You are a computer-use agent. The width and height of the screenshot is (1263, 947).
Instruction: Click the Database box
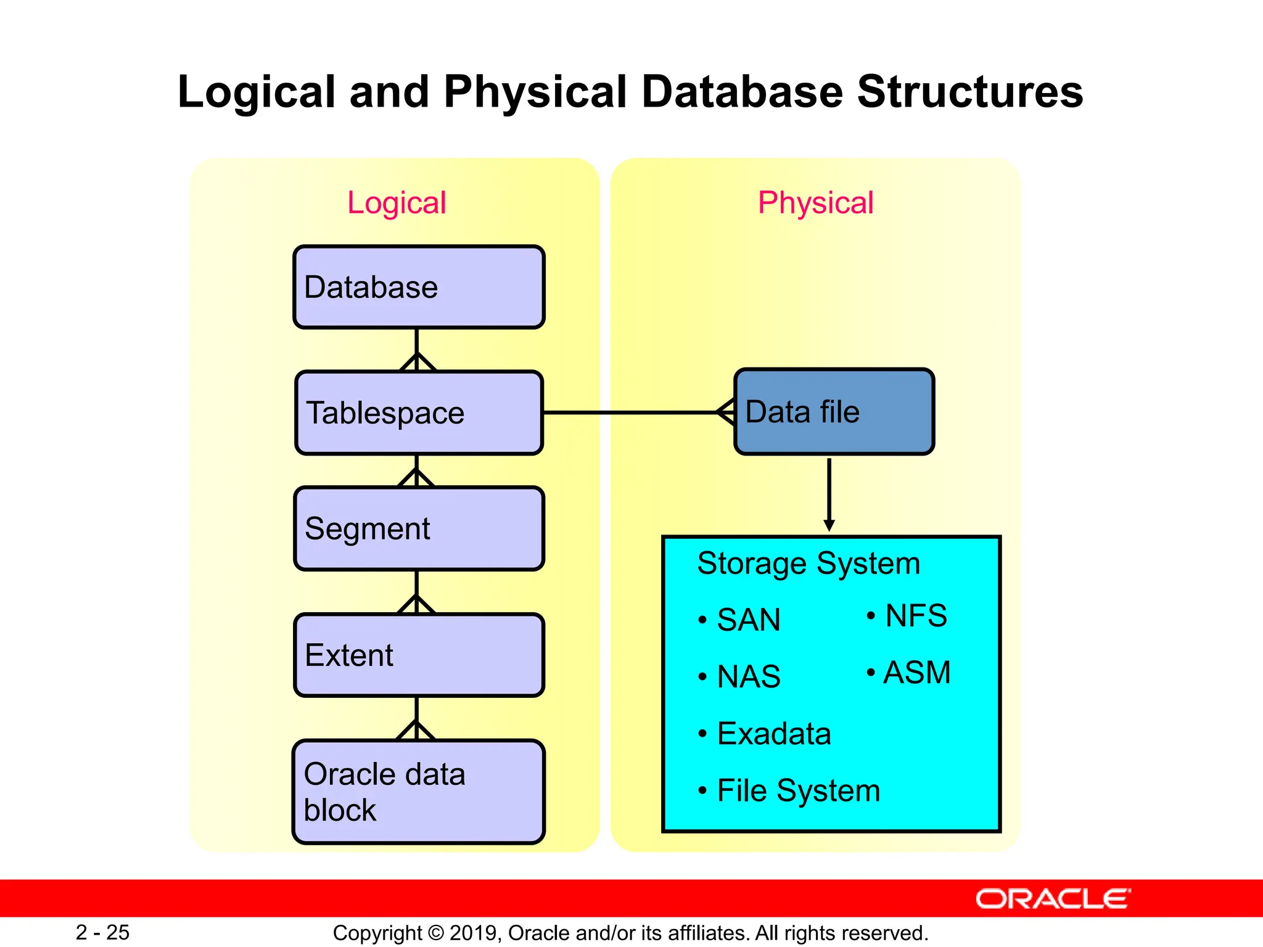point(419,287)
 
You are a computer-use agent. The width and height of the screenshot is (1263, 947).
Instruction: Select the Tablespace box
point(419,412)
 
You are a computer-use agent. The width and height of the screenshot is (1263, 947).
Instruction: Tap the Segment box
point(419,528)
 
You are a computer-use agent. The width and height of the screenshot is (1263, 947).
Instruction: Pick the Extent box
point(419,655)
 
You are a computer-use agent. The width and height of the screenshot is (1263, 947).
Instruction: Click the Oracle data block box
point(419,792)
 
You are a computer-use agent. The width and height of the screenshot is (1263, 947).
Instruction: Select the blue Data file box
point(834,412)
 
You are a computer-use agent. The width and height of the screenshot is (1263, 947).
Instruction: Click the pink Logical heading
point(397,203)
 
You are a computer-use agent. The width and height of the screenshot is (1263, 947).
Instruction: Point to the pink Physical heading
point(815,203)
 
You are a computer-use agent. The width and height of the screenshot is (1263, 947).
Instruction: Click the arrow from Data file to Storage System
point(829,493)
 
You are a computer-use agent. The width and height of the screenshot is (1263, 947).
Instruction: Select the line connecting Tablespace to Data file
point(629,412)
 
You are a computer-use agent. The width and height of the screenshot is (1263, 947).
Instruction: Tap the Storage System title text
point(808,564)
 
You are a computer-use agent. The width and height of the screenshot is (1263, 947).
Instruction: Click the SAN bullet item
point(748,620)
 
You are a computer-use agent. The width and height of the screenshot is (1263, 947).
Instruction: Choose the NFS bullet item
point(915,616)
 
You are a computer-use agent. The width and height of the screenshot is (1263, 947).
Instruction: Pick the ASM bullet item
point(916,673)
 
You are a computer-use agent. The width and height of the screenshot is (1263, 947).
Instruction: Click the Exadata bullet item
point(773,734)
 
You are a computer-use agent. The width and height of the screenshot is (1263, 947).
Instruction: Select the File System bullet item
point(798,790)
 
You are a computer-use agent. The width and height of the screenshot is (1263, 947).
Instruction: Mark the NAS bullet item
point(748,676)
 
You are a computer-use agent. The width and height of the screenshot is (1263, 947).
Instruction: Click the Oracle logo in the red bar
point(1053,899)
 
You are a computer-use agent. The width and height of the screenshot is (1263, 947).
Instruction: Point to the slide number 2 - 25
point(102,932)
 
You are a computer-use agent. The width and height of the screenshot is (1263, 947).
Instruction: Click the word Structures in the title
point(969,92)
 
